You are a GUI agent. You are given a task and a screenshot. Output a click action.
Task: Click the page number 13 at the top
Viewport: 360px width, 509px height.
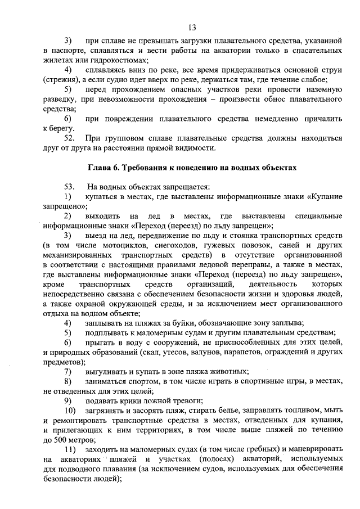[x=192, y=28]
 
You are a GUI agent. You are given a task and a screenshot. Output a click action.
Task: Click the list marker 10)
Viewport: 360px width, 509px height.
[x=70, y=411]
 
